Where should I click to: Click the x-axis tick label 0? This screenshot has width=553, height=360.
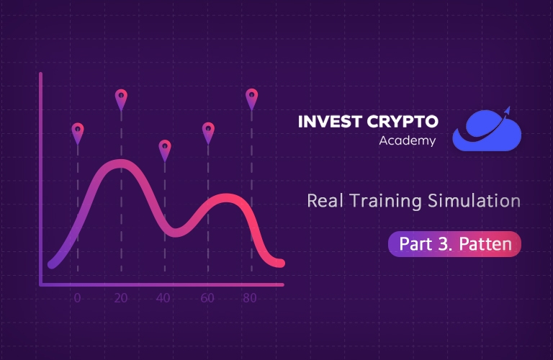[x=77, y=298]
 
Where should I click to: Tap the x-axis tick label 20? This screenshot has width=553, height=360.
[x=121, y=298]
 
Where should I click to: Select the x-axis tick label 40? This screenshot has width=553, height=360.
[x=163, y=298]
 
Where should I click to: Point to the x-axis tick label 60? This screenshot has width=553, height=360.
[x=207, y=298]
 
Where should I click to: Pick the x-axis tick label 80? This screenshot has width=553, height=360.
[x=250, y=298]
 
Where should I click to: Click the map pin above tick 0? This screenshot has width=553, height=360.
[x=78, y=133]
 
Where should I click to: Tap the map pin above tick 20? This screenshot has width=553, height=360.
[x=121, y=100]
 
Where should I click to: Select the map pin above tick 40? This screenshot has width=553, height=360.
[x=165, y=150]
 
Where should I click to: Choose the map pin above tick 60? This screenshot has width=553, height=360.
[x=208, y=133]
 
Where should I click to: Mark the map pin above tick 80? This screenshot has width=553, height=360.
[x=251, y=99]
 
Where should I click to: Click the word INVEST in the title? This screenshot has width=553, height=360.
[x=330, y=122]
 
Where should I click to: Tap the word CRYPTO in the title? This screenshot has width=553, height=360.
[x=403, y=122]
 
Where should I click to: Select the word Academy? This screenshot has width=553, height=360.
[x=408, y=140]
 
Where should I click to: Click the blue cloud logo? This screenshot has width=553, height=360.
[x=487, y=130]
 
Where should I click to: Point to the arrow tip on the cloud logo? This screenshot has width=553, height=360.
[x=509, y=106]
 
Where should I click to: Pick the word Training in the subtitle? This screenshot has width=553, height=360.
[x=385, y=202]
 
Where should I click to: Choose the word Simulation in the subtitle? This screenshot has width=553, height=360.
[x=474, y=201]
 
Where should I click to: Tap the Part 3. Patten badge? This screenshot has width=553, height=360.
[x=454, y=244]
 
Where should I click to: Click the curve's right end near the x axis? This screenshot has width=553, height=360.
[x=281, y=263]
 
